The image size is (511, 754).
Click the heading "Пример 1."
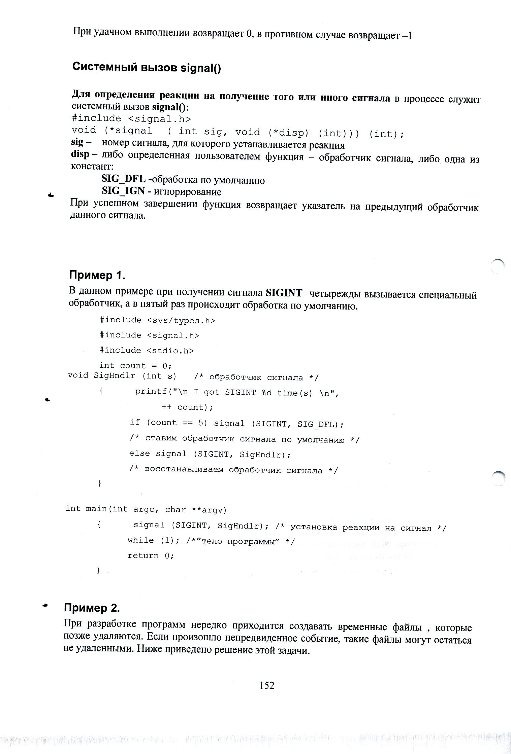point(97,275)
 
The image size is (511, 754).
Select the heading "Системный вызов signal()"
point(147,67)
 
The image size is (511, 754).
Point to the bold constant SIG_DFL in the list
point(123,180)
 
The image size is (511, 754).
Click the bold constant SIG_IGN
point(123,191)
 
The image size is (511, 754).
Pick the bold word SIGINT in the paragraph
point(284,293)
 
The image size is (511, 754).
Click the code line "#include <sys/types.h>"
point(157,320)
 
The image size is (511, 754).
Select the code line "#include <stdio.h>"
point(147,350)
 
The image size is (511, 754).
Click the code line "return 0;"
point(151,555)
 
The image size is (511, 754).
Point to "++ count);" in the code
point(187,407)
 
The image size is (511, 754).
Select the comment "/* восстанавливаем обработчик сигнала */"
point(233,470)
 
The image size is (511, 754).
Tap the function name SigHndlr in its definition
point(115,375)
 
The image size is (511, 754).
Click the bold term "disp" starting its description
point(80,154)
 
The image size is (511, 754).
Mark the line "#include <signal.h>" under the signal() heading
point(131,118)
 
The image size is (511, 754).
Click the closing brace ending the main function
point(98,570)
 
